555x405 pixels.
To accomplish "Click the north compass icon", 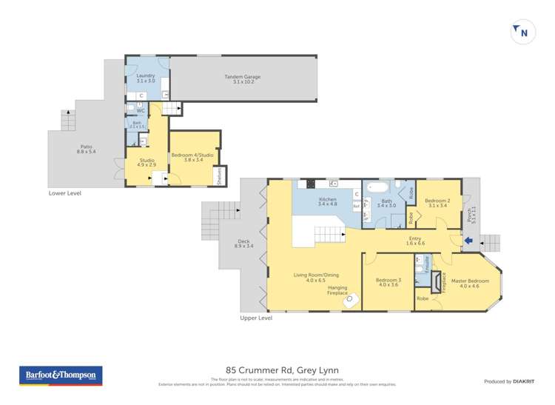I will point(522,33).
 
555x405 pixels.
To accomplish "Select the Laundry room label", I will point(146,78).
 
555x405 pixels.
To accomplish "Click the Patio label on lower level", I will point(87,149).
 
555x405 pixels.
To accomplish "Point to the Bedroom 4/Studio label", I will point(192,157).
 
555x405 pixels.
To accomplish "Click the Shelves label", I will point(220,176).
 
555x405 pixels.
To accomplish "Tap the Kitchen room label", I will point(327,201).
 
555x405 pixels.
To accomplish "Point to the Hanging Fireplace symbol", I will point(353,300).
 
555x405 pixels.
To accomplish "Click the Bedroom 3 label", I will point(388,281).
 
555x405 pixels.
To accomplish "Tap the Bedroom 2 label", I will point(437,202).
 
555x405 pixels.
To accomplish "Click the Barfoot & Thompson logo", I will point(61,376).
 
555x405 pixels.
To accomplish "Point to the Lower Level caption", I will point(65,193).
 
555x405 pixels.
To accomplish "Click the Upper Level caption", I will point(256,318).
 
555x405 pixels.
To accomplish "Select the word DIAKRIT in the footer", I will point(523,381).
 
